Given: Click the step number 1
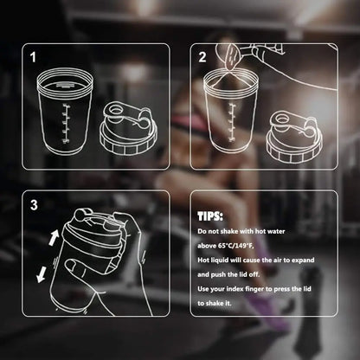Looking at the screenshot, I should tap(34, 58).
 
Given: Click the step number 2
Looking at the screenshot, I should tap(202, 58).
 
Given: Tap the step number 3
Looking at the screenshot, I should tap(34, 205).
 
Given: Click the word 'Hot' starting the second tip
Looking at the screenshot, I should tap(204, 259).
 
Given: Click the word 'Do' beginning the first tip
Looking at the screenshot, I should tap(202, 231).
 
